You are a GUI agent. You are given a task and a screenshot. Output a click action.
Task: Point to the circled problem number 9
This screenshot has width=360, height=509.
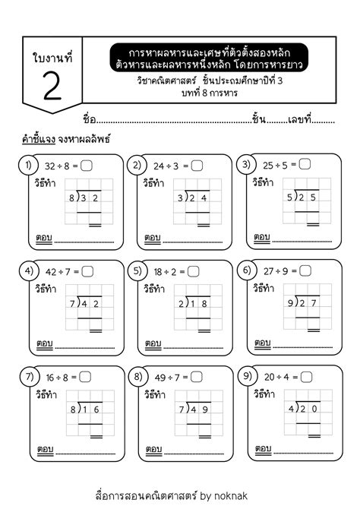pos(245,375)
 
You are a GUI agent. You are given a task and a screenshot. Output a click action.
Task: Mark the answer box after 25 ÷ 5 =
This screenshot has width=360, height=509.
pos(305,164)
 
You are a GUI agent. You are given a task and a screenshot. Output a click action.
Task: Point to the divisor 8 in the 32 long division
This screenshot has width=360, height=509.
pos(72,198)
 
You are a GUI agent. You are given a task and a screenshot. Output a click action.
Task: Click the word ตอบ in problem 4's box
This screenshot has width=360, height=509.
pos(43,343)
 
